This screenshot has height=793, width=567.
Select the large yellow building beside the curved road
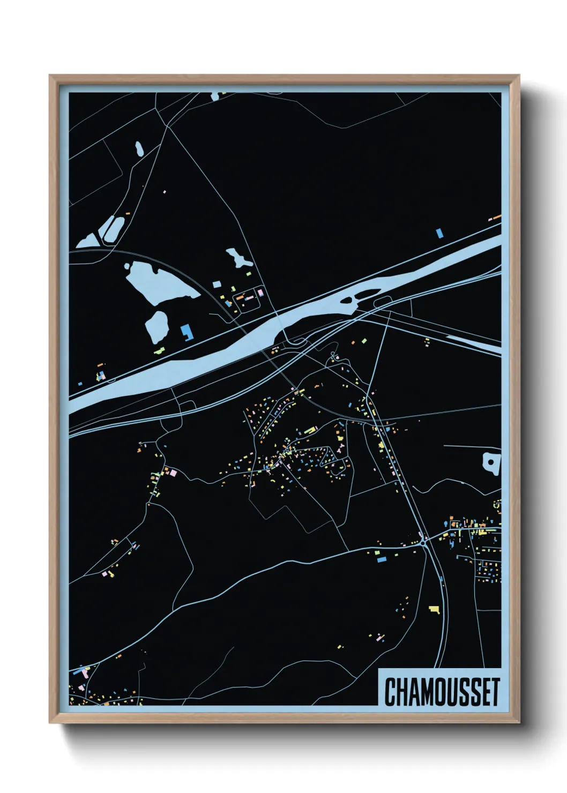(434, 609)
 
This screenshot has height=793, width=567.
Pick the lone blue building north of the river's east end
(440, 233)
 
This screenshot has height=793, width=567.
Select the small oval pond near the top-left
(139, 148)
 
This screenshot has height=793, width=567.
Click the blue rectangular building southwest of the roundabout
(382, 559)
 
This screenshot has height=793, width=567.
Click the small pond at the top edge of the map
(215, 96)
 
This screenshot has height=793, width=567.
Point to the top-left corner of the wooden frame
(51, 77)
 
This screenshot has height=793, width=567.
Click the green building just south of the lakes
(160, 351)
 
